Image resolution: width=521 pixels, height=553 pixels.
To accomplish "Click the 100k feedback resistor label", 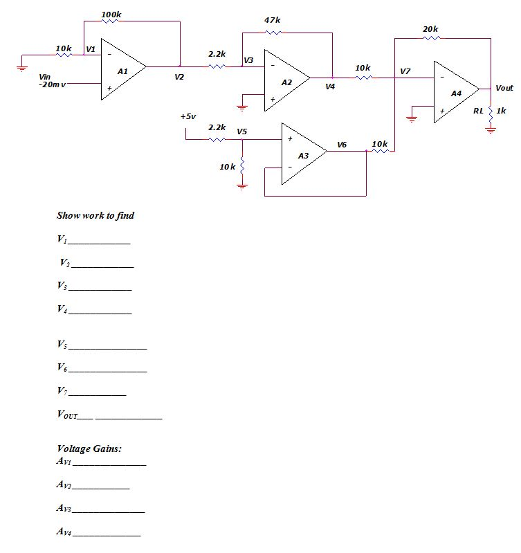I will tap(111, 14).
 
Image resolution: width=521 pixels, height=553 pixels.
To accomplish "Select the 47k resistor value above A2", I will tap(273, 21).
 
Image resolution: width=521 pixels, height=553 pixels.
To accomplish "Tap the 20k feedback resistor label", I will tap(430, 28).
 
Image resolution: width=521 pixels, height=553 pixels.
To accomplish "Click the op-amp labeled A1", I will tap(122, 71).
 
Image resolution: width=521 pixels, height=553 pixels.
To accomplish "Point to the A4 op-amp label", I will tap(456, 93).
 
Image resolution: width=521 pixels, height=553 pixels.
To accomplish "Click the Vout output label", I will tap(504, 88).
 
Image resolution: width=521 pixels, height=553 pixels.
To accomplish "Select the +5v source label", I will tap(188, 116).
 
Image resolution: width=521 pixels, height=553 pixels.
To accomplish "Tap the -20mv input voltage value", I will tap(51, 84).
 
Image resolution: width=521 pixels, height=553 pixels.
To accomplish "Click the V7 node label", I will tap(405, 71).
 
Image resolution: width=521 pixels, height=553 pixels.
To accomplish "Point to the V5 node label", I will tap(242, 131).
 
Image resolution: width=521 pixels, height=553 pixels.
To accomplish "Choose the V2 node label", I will tap(179, 77).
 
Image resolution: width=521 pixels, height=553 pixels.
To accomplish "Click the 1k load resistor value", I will tap(502, 111).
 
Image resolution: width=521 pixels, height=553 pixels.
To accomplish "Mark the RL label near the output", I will tap(478, 111).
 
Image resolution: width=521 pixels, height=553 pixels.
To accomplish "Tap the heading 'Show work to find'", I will tap(95, 215).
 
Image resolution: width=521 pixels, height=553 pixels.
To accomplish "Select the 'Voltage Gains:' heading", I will tap(89, 448).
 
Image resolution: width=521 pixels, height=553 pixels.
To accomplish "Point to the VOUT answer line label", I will tap(66, 415).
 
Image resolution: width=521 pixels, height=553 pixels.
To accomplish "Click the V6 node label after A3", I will tap(342, 144).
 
